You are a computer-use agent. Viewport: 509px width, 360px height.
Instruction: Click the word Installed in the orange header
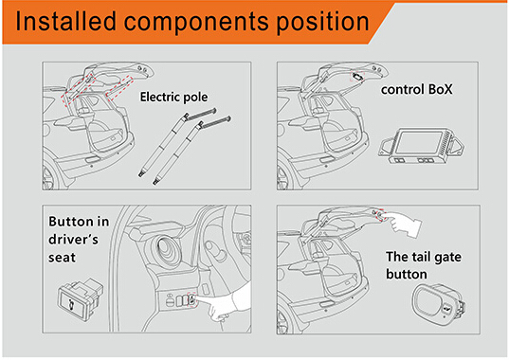pos(65,21)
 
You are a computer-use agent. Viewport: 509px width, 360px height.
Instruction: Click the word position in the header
pos(322,23)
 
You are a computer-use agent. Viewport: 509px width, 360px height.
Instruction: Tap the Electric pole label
pos(173,97)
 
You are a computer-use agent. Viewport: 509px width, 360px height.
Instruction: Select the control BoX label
pos(416,89)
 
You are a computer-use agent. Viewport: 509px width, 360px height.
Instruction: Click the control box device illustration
pos(421,145)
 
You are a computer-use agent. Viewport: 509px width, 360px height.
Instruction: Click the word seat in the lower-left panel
pos(62,258)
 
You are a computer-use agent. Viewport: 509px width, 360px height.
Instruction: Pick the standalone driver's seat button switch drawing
pos(81,299)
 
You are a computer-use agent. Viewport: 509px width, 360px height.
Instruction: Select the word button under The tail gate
pos(407,274)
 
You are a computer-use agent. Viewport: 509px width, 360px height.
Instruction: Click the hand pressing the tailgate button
pos(404,224)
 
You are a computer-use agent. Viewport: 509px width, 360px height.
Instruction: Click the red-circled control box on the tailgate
pos(357,77)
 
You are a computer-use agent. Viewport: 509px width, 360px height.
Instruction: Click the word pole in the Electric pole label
pos(195,98)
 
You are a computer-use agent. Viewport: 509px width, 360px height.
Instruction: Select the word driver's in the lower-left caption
pos(73,240)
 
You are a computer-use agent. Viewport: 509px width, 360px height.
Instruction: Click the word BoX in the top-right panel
pos(440,89)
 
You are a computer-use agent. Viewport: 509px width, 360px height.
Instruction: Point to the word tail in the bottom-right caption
pos(421,257)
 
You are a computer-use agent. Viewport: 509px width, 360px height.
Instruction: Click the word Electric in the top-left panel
pos(160,97)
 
